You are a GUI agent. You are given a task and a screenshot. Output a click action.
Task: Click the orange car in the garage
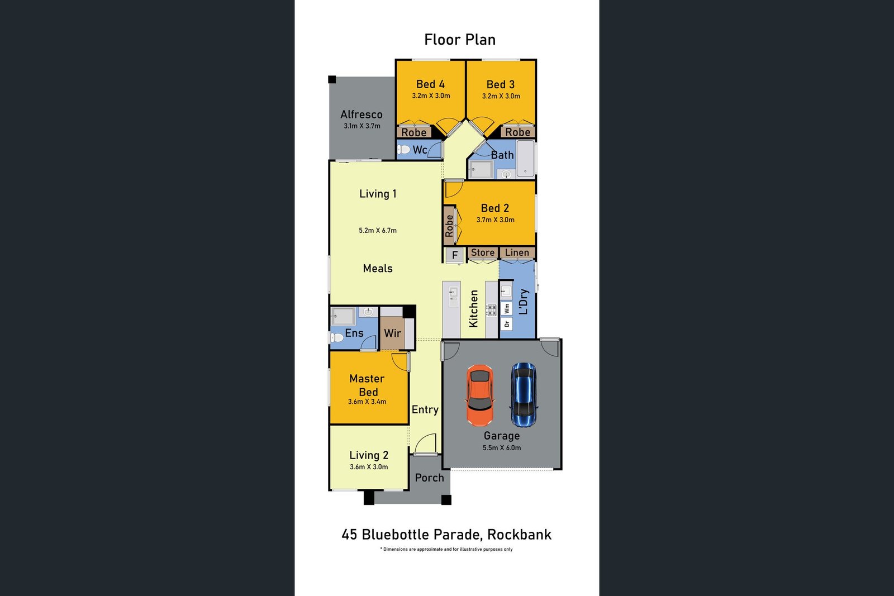tap(480, 395)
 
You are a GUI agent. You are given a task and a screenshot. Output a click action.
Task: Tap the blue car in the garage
tap(524, 395)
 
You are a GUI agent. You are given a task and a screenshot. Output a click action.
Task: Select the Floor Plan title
tap(460, 40)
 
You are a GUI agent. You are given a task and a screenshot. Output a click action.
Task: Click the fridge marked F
tap(455, 255)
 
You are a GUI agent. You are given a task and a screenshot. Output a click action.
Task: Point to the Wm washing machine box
tap(506, 308)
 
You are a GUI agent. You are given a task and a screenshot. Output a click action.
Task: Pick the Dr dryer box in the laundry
tap(506, 323)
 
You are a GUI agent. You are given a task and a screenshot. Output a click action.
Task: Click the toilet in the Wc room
tap(403, 150)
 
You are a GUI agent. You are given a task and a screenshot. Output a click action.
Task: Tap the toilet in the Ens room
tap(337, 338)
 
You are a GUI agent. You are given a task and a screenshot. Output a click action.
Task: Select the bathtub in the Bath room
tap(525, 159)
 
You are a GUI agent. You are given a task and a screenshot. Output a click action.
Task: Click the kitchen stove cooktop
tap(491, 310)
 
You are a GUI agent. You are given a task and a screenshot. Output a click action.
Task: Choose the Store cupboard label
tap(483, 252)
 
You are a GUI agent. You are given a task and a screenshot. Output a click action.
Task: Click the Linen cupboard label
tap(517, 252)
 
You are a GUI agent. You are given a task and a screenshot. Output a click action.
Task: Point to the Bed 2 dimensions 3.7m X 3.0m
tap(495, 220)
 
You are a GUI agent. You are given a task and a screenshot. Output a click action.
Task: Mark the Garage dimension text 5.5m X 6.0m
tap(502, 448)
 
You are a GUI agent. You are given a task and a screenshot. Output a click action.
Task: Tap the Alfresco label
tap(361, 115)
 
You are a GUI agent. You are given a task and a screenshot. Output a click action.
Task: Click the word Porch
tap(429, 478)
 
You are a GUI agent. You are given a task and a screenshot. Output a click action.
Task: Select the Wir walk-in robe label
tap(392, 333)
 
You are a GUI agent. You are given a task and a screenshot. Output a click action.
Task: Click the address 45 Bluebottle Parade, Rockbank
tap(446, 535)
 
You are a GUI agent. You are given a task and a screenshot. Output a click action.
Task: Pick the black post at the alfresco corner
tap(332, 79)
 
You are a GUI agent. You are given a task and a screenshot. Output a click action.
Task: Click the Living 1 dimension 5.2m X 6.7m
tap(378, 231)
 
